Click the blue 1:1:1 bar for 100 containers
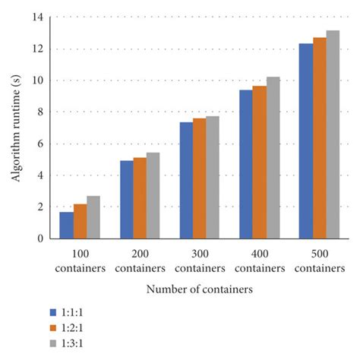pos(67,225)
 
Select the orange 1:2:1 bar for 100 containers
pos(80,221)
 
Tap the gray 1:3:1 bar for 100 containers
pos(93,217)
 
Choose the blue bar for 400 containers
pos(245,164)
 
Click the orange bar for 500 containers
pos(319,137)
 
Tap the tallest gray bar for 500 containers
pos(332,134)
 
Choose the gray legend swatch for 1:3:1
pos(53,341)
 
